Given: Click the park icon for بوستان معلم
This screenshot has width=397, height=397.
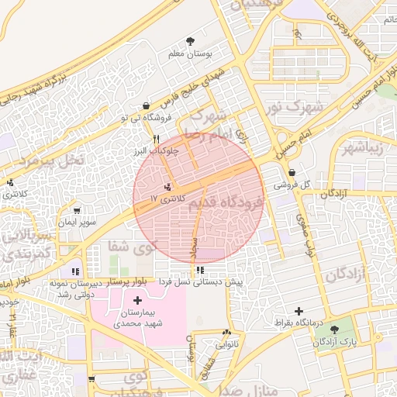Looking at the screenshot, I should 191,41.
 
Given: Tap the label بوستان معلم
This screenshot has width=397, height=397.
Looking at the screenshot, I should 191,55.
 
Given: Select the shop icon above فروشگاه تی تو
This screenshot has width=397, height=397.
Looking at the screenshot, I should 146,105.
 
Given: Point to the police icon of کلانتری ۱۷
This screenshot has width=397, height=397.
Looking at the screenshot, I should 168,187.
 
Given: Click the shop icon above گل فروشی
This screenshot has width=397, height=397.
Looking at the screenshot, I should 292,173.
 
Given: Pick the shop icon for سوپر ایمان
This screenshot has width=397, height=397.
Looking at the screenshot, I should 77,210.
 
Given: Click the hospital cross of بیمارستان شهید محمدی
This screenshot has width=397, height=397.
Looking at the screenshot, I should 137,300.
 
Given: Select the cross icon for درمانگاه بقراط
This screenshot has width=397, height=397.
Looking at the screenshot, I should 299,310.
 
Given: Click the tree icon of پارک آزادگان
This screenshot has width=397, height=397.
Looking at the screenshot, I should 335,330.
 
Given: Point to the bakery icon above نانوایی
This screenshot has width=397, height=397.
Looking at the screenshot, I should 226,330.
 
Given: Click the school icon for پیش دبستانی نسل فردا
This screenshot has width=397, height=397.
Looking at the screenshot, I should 201,270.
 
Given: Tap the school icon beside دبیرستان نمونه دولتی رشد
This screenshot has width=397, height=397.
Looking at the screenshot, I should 75,271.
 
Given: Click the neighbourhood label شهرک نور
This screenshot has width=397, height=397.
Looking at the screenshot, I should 292,105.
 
